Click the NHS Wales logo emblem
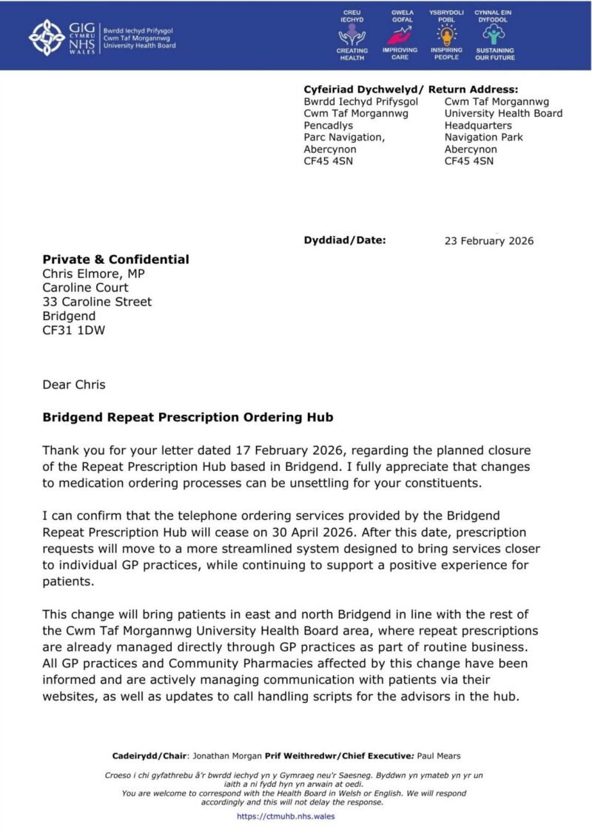pos(47,35)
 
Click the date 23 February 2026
pos(488,241)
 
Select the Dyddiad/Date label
pos(345,240)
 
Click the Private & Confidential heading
pos(115,260)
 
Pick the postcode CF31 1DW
pos(73,330)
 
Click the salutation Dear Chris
pos(74,384)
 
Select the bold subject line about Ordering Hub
pos(188,418)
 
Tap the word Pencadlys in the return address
pos(329,126)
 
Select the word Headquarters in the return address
pos(479,126)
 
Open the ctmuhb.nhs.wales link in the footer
pos(286,816)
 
